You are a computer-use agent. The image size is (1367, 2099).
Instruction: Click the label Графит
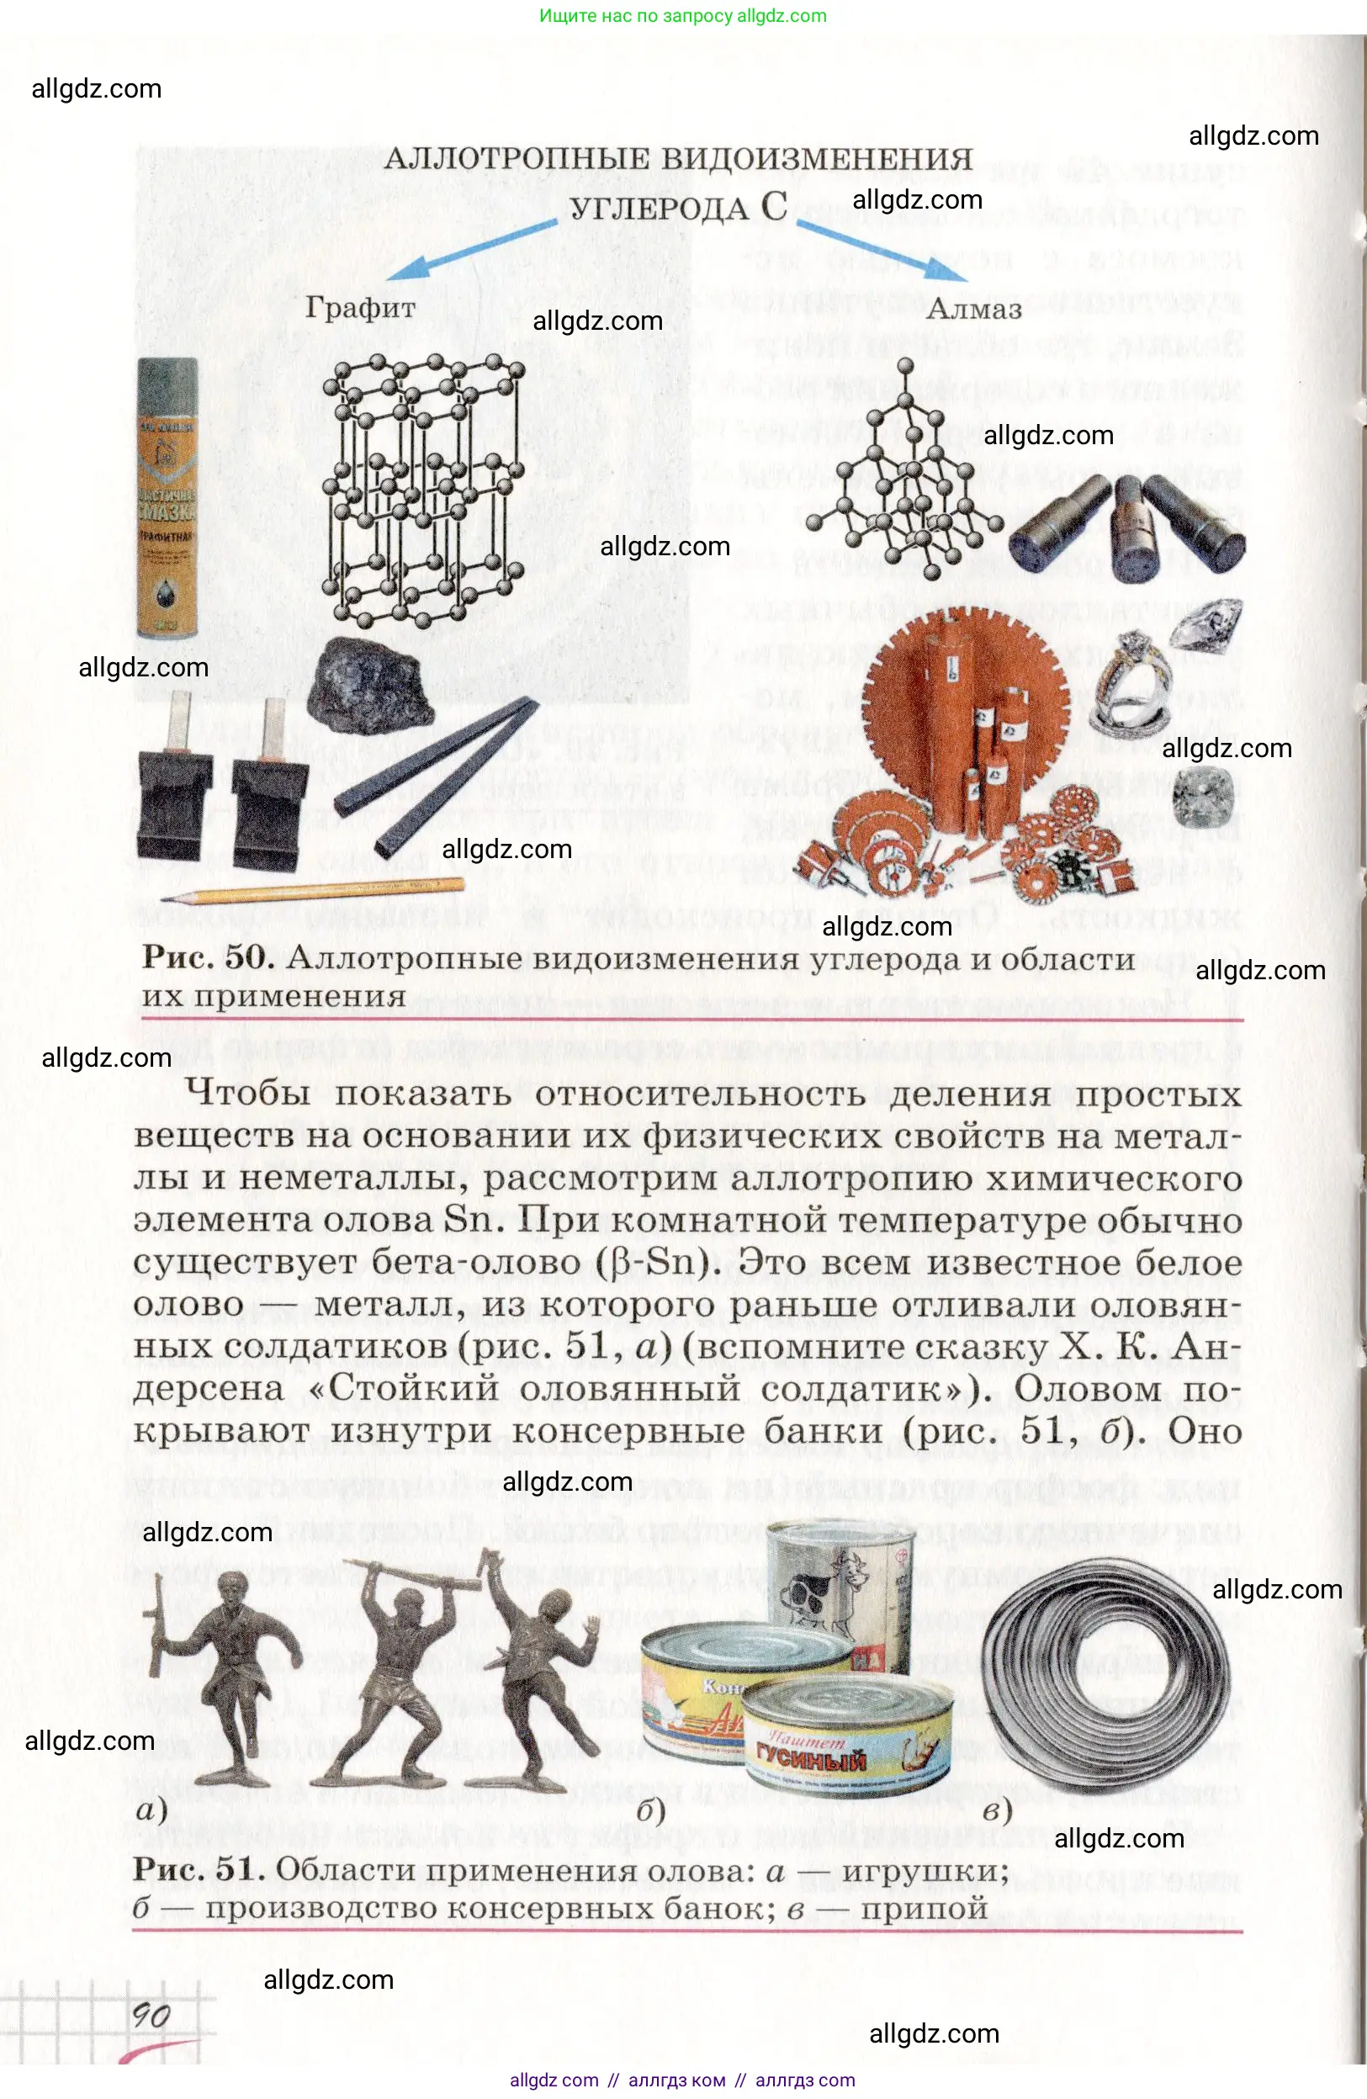click(x=360, y=308)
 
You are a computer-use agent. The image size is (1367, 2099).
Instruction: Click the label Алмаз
click(x=973, y=310)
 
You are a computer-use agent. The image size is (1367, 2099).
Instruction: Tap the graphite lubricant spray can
click(x=167, y=498)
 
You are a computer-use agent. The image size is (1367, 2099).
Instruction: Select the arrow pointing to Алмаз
click(x=881, y=252)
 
